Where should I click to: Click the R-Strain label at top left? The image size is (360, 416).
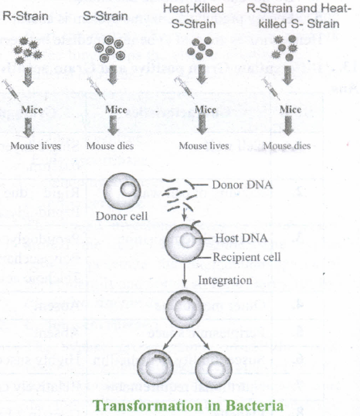pos(25,16)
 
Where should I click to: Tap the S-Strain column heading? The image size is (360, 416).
pos(105,16)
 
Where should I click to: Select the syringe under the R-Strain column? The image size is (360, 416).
pos(11,90)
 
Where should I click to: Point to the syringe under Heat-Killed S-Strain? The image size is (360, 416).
pos(184,87)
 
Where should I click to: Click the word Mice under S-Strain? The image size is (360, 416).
pos(116,110)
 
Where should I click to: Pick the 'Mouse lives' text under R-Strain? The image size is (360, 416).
pos(36,146)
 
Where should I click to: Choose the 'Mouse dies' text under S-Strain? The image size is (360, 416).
pos(110,146)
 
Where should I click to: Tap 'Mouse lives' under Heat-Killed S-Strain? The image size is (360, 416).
pos(204,146)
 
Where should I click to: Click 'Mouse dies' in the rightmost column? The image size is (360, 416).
pos(287,146)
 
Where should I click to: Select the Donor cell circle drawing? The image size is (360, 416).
pos(122,191)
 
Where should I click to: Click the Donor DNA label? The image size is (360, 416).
pos(242,184)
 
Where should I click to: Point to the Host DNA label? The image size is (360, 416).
pos(241,238)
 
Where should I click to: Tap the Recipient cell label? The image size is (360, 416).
pos(246,257)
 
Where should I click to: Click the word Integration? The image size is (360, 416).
pos(225,280)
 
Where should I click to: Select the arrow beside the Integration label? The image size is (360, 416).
pos(185,275)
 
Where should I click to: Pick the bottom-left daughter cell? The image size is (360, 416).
pos(155,368)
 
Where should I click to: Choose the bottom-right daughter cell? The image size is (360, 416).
pos(213,368)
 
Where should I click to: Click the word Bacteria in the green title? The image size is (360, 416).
pos(254,406)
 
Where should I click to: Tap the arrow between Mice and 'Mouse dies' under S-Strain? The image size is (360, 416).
pos(114,125)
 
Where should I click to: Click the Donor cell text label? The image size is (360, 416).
pos(121,216)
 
